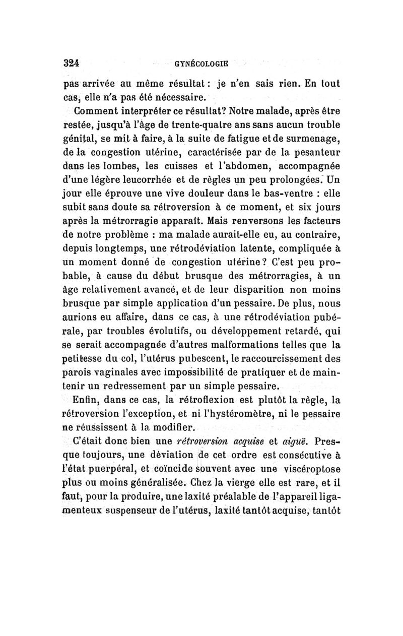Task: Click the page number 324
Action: (x=72, y=63)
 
